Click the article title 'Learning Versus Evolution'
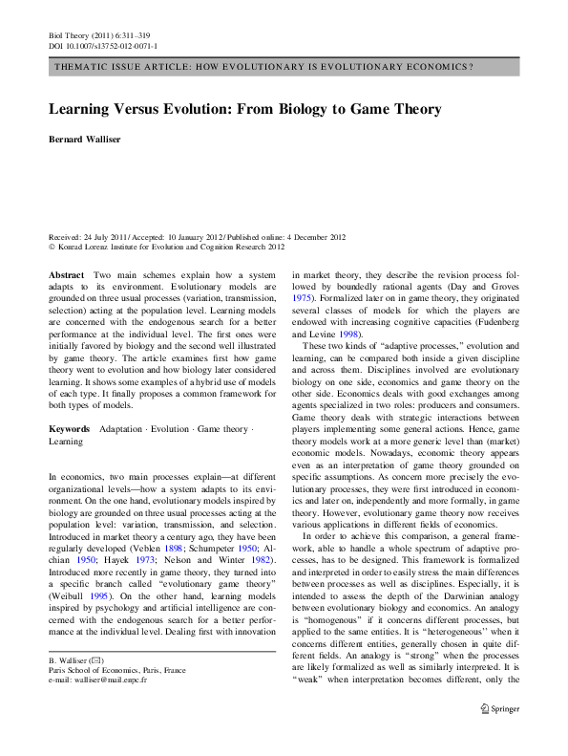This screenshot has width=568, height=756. [x=244, y=110]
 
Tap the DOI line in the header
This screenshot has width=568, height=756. [x=103, y=45]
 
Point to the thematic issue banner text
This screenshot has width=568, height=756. [x=265, y=68]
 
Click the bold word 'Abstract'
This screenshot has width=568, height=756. [x=66, y=274]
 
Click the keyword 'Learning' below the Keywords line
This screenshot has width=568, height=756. [x=66, y=442]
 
